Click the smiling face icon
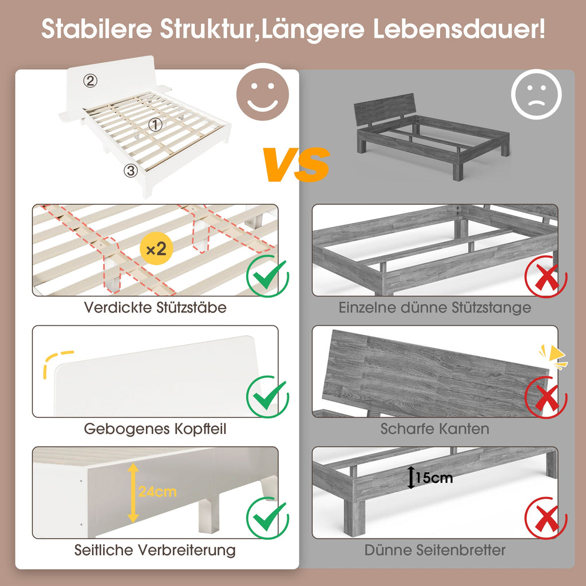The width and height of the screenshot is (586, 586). [263, 92]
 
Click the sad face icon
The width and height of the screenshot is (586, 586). [536, 94]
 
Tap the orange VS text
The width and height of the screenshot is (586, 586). [296, 164]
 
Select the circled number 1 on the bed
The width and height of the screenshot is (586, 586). [156, 125]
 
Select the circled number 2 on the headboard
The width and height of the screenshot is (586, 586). [90, 80]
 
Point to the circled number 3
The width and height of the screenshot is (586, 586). [130, 171]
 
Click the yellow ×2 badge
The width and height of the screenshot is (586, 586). [156, 248]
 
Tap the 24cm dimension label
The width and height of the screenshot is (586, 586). [157, 492]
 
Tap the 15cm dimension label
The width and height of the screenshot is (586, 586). [434, 478]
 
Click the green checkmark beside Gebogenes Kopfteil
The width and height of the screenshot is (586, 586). [268, 397]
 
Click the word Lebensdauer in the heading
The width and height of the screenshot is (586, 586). [460, 29]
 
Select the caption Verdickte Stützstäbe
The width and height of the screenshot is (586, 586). [155, 307]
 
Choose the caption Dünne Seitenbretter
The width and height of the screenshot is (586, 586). [435, 550]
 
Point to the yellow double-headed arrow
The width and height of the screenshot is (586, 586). [133, 493]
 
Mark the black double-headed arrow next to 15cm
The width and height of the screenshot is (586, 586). [411, 478]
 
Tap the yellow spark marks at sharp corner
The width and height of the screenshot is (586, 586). [553, 357]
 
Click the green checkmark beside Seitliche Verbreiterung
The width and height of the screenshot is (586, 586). [268, 518]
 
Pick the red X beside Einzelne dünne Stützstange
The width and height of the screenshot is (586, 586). [546, 276]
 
